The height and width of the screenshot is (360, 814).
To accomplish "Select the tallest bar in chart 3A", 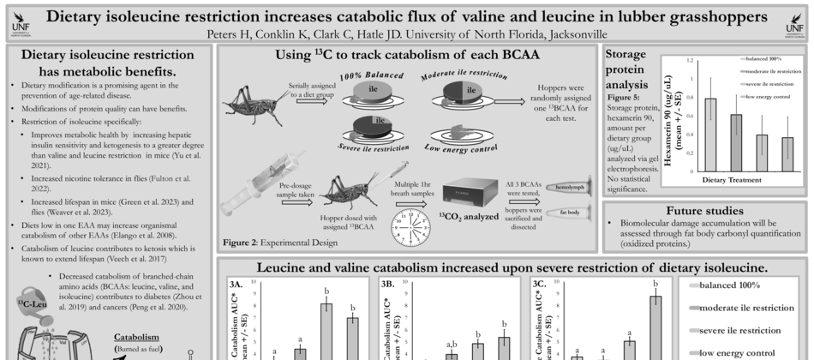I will pos(326,330).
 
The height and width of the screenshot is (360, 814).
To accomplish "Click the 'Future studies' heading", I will pos(703,209).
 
